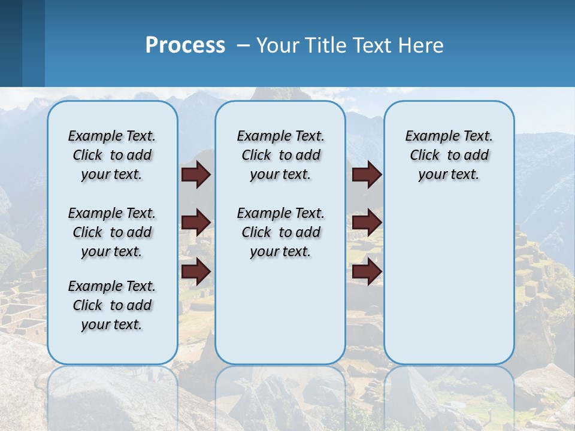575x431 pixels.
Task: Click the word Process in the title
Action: (x=185, y=45)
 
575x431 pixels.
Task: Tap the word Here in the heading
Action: (x=419, y=45)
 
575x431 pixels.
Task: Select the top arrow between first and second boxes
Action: (x=196, y=175)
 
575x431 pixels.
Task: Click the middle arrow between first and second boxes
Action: (x=196, y=223)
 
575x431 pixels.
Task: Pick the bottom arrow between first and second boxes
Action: (x=196, y=272)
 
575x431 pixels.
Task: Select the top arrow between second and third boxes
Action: (x=367, y=175)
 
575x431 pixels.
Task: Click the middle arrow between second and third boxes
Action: (x=367, y=223)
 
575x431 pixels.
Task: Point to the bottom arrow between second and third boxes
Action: (x=367, y=272)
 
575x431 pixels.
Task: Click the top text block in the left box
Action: (x=112, y=155)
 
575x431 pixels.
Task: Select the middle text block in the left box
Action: (x=112, y=232)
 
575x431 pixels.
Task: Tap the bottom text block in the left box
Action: (x=112, y=305)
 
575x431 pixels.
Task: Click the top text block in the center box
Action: (x=280, y=155)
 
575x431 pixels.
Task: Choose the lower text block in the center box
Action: (x=280, y=232)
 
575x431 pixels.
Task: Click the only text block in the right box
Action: (x=449, y=155)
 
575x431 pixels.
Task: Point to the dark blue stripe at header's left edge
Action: (x=11, y=43)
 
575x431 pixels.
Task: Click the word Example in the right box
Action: (x=428, y=136)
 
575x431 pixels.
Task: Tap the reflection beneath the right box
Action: (x=449, y=395)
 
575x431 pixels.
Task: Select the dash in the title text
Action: (x=244, y=45)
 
